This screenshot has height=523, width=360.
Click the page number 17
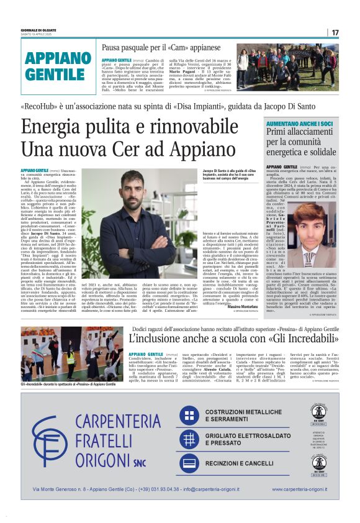[x=335, y=32]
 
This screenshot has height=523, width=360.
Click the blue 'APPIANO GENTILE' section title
[x=55, y=66]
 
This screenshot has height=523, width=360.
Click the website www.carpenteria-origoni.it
[x=299, y=489]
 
